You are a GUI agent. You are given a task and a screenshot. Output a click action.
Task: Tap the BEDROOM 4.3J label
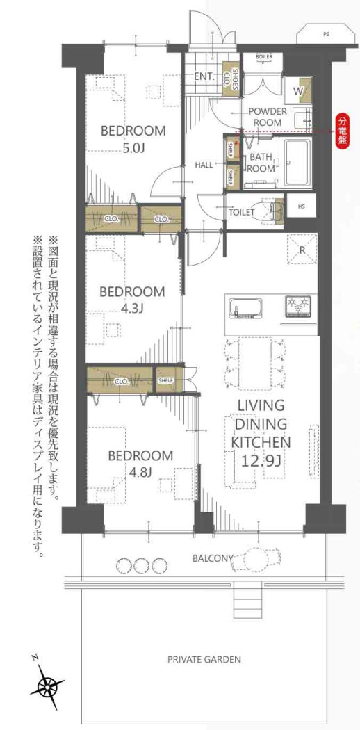click(x=132, y=298)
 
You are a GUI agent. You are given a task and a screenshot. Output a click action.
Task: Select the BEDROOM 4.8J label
click(x=140, y=463)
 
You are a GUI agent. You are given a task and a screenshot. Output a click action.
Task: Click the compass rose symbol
click(x=48, y=687)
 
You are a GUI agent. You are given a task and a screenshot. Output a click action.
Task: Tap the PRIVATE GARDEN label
click(x=204, y=659)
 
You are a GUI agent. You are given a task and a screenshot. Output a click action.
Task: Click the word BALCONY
click(x=213, y=557)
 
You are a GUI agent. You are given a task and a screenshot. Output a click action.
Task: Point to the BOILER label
click(x=263, y=56)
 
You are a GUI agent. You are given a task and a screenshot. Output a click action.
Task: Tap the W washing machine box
click(x=297, y=91)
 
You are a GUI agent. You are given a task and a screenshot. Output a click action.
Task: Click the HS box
click(x=301, y=206)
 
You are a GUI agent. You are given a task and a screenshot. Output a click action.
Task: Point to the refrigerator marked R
click(x=302, y=248)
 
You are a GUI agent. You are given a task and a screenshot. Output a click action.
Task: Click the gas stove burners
click(x=300, y=305)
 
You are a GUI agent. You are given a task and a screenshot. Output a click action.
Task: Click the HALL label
click(x=204, y=164)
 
